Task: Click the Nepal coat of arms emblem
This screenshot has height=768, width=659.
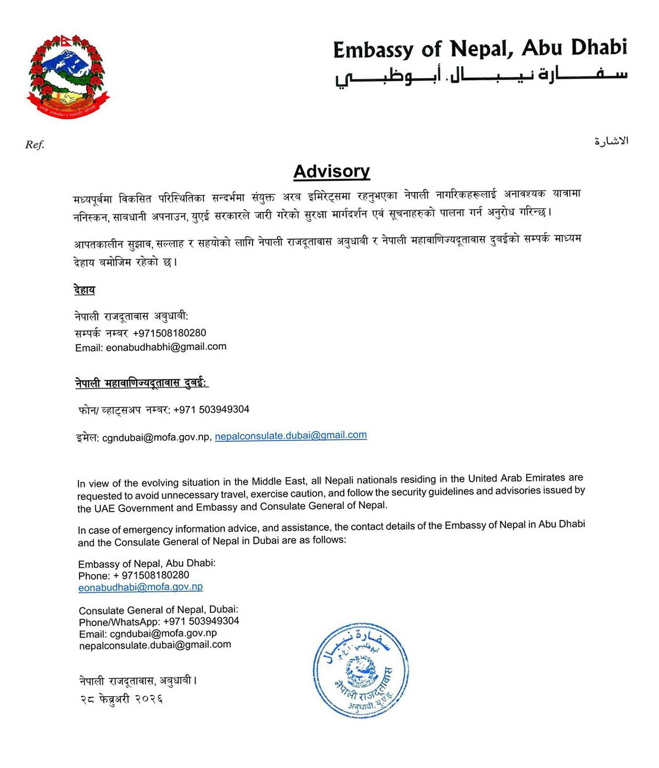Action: coord(68,76)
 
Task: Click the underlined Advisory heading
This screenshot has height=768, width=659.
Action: coord(331,171)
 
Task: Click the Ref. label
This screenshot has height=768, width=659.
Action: coord(35,145)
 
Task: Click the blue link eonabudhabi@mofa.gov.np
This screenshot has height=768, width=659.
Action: coord(141,587)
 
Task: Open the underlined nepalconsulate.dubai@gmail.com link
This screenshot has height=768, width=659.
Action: coord(291,435)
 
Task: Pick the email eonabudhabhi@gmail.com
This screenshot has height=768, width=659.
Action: coord(166,347)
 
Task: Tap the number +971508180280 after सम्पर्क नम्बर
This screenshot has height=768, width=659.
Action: coord(170,333)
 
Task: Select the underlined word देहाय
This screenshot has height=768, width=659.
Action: coord(85,290)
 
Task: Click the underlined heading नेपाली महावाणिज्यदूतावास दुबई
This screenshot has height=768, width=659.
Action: coord(141,383)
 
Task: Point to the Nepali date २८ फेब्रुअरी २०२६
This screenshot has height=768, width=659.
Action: coord(121,699)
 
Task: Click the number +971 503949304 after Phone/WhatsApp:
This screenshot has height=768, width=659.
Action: coord(201,621)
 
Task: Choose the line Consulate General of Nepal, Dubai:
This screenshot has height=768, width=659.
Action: coord(158,610)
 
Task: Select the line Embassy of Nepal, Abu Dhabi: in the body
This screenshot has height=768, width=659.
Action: coord(147,564)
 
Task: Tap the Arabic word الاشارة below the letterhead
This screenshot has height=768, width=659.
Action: coord(611,141)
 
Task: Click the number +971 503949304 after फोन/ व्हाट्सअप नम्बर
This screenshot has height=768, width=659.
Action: coord(211,410)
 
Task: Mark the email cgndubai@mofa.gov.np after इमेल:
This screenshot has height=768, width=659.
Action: coord(156,438)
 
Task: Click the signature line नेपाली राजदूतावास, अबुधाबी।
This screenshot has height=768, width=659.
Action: coord(138,681)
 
